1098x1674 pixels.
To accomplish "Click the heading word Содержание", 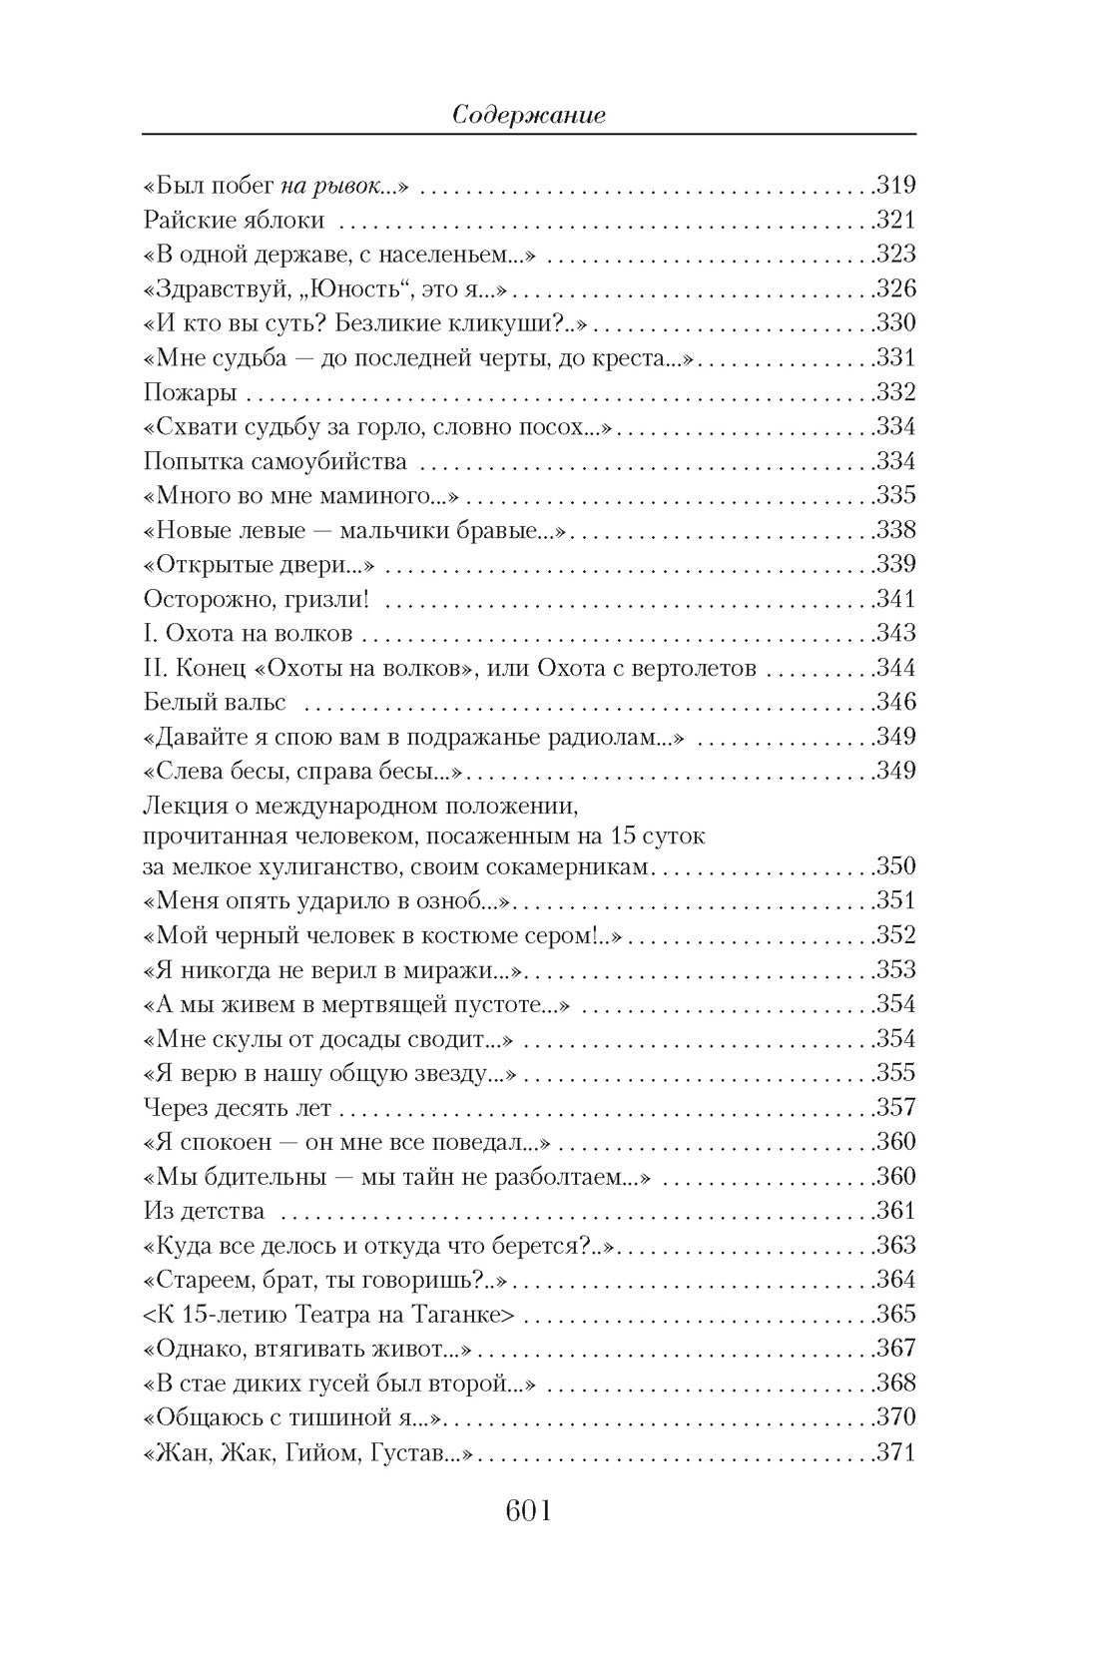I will [529, 116].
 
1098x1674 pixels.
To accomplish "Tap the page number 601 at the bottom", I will [529, 1511].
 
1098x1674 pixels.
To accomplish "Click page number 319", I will [895, 186].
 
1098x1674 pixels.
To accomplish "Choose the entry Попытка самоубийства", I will [275, 461].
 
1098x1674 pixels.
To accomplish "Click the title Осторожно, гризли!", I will [258, 599].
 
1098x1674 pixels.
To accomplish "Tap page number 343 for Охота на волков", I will [895, 634].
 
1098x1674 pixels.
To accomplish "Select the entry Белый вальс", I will [215, 702].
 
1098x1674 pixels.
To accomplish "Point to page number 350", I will [895, 866].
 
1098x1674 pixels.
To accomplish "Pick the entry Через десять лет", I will [238, 1108].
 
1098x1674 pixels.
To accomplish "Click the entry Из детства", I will [204, 1211].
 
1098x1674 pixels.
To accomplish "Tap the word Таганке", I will [467, 1315].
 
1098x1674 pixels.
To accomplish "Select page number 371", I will [895, 1452].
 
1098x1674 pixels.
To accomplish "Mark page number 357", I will [895, 1108].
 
